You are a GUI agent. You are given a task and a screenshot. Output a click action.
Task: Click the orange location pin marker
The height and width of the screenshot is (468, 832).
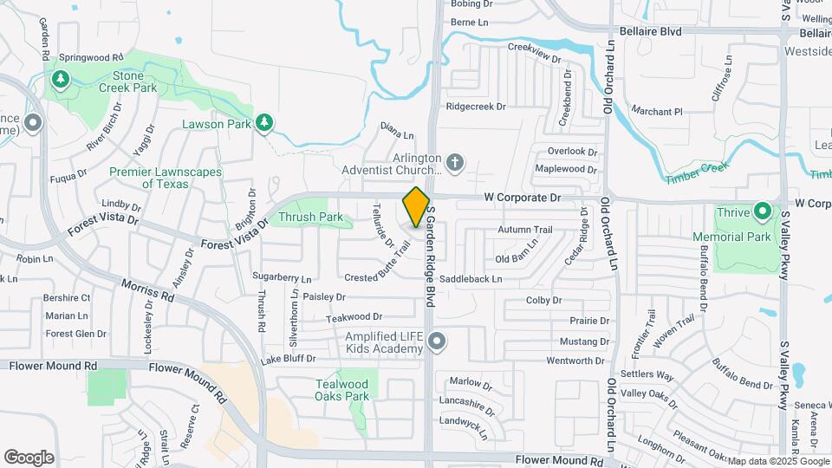coord(417,207)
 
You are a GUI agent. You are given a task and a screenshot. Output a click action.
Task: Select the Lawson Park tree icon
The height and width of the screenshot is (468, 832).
coord(264,124)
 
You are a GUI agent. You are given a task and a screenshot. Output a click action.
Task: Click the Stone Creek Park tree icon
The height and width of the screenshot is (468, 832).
coord(60,81)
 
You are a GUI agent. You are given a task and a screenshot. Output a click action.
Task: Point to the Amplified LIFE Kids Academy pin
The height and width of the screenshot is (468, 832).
coord(437,342)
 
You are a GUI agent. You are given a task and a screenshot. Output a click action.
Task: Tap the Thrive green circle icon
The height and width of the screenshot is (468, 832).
coord(762,211)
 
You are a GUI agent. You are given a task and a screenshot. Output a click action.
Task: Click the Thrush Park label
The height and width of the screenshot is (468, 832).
coord(310,217)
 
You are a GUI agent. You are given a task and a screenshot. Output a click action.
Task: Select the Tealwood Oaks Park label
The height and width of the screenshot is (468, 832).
coord(342,390)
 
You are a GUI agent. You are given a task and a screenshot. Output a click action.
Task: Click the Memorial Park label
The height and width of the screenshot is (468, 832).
coord(731,236)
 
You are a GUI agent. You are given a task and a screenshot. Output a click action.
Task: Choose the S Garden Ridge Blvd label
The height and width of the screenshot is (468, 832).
coord(429,259)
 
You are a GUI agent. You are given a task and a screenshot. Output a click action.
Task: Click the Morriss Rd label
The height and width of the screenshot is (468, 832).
coord(147,289)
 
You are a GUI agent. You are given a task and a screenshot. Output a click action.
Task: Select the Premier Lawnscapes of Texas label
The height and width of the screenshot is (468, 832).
coord(165,178)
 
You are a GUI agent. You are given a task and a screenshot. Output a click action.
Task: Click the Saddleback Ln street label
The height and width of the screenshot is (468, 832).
coord(471,279)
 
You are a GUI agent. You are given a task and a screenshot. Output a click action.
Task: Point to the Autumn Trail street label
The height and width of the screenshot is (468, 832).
coord(524,230)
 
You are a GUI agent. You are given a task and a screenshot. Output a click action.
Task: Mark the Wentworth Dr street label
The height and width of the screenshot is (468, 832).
coord(575,361)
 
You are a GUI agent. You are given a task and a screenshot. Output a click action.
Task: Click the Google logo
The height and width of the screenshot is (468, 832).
coord(29,457)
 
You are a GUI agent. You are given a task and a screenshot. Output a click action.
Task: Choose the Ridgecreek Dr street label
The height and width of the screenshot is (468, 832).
coord(475,107)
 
